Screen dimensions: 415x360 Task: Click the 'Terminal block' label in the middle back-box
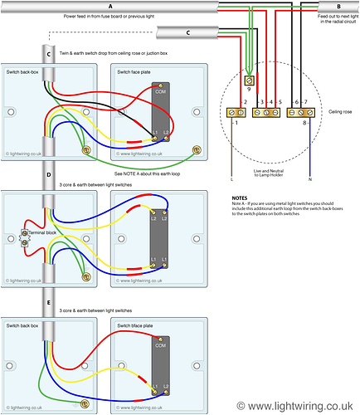pos(42,235)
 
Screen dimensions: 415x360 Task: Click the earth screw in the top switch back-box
pos(87,150)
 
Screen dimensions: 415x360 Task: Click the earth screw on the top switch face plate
pos(197,150)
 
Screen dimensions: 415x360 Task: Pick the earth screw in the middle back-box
pos(87,276)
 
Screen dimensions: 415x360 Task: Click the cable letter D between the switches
pos(50,176)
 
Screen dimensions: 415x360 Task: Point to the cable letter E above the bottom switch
pos(50,304)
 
